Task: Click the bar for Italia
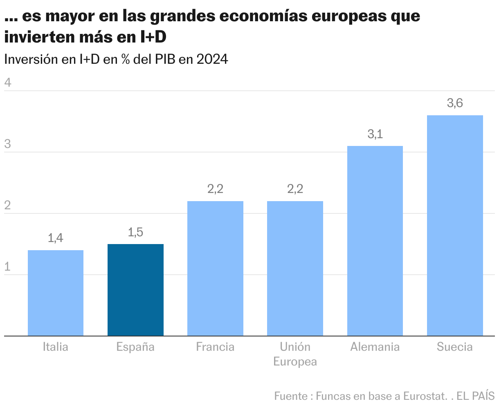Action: click(x=56, y=293)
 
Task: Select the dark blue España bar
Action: click(x=135, y=290)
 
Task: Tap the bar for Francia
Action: click(x=215, y=268)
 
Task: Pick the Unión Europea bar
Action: click(x=295, y=268)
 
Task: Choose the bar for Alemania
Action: click(x=375, y=241)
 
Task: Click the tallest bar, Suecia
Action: click(x=455, y=225)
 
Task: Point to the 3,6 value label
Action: click(x=455, y=103)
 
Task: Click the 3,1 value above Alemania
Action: click(x=375, y=134)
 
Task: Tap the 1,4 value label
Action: click(x=56, y=238)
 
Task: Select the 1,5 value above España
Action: click(x=135, y=232)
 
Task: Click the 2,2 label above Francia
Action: click(x=215, y=189)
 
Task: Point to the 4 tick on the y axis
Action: click(x=7, y=83)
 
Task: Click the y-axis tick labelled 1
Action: click(x=7, y=267)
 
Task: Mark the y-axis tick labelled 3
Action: click(x=7, y=144)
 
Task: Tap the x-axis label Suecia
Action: click(x=455, y=347)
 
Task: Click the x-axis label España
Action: click(x=135, y=347)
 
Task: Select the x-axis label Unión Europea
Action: click(x=295, y=354)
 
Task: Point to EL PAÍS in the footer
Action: click(x=476, y=396)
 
